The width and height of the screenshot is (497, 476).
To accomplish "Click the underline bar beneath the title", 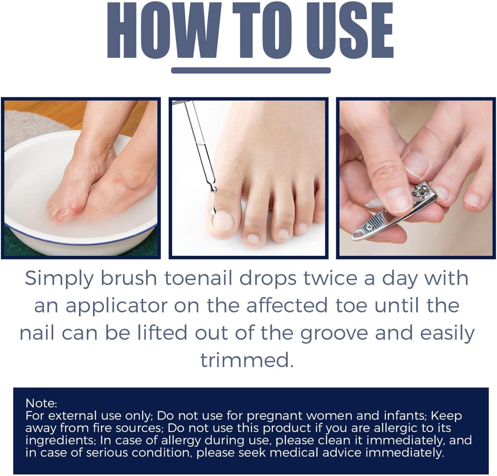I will (250, 71).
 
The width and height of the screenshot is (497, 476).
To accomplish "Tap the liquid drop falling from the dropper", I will (212, 211).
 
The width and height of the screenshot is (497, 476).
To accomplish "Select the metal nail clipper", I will (393, 213).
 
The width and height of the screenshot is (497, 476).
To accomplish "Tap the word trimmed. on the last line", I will (247, 360).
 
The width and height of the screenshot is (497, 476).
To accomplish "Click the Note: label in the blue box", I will (41, 403).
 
